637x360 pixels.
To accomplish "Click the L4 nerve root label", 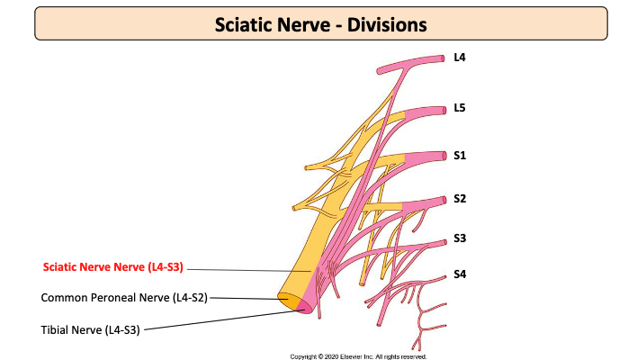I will pyautogui.click(x=460, y=58).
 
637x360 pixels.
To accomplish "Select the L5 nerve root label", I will pyautogui.click(x=460, y=109).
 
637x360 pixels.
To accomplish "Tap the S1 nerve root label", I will pyautogui.click(x=460, y=156).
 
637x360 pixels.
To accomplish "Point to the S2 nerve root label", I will pyautogui.click(x=460, y=199).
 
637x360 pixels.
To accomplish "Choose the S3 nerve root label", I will pyautogui.click(x=460, y=238).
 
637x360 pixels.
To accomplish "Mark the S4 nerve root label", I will pyautogui.click(x=460, y=274).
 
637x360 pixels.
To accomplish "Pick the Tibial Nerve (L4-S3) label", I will pyautogui.click(x=90, y=329).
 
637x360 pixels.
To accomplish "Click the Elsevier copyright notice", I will pyautogui.click(x=358, y=356).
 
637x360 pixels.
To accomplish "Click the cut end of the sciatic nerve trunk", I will pyautogui.click(x=295, y=302).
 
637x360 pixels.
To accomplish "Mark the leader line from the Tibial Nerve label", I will pyautogui.click(x=225, y=319).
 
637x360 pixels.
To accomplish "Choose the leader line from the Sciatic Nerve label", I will pyautogui.click(x=252, y=269).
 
